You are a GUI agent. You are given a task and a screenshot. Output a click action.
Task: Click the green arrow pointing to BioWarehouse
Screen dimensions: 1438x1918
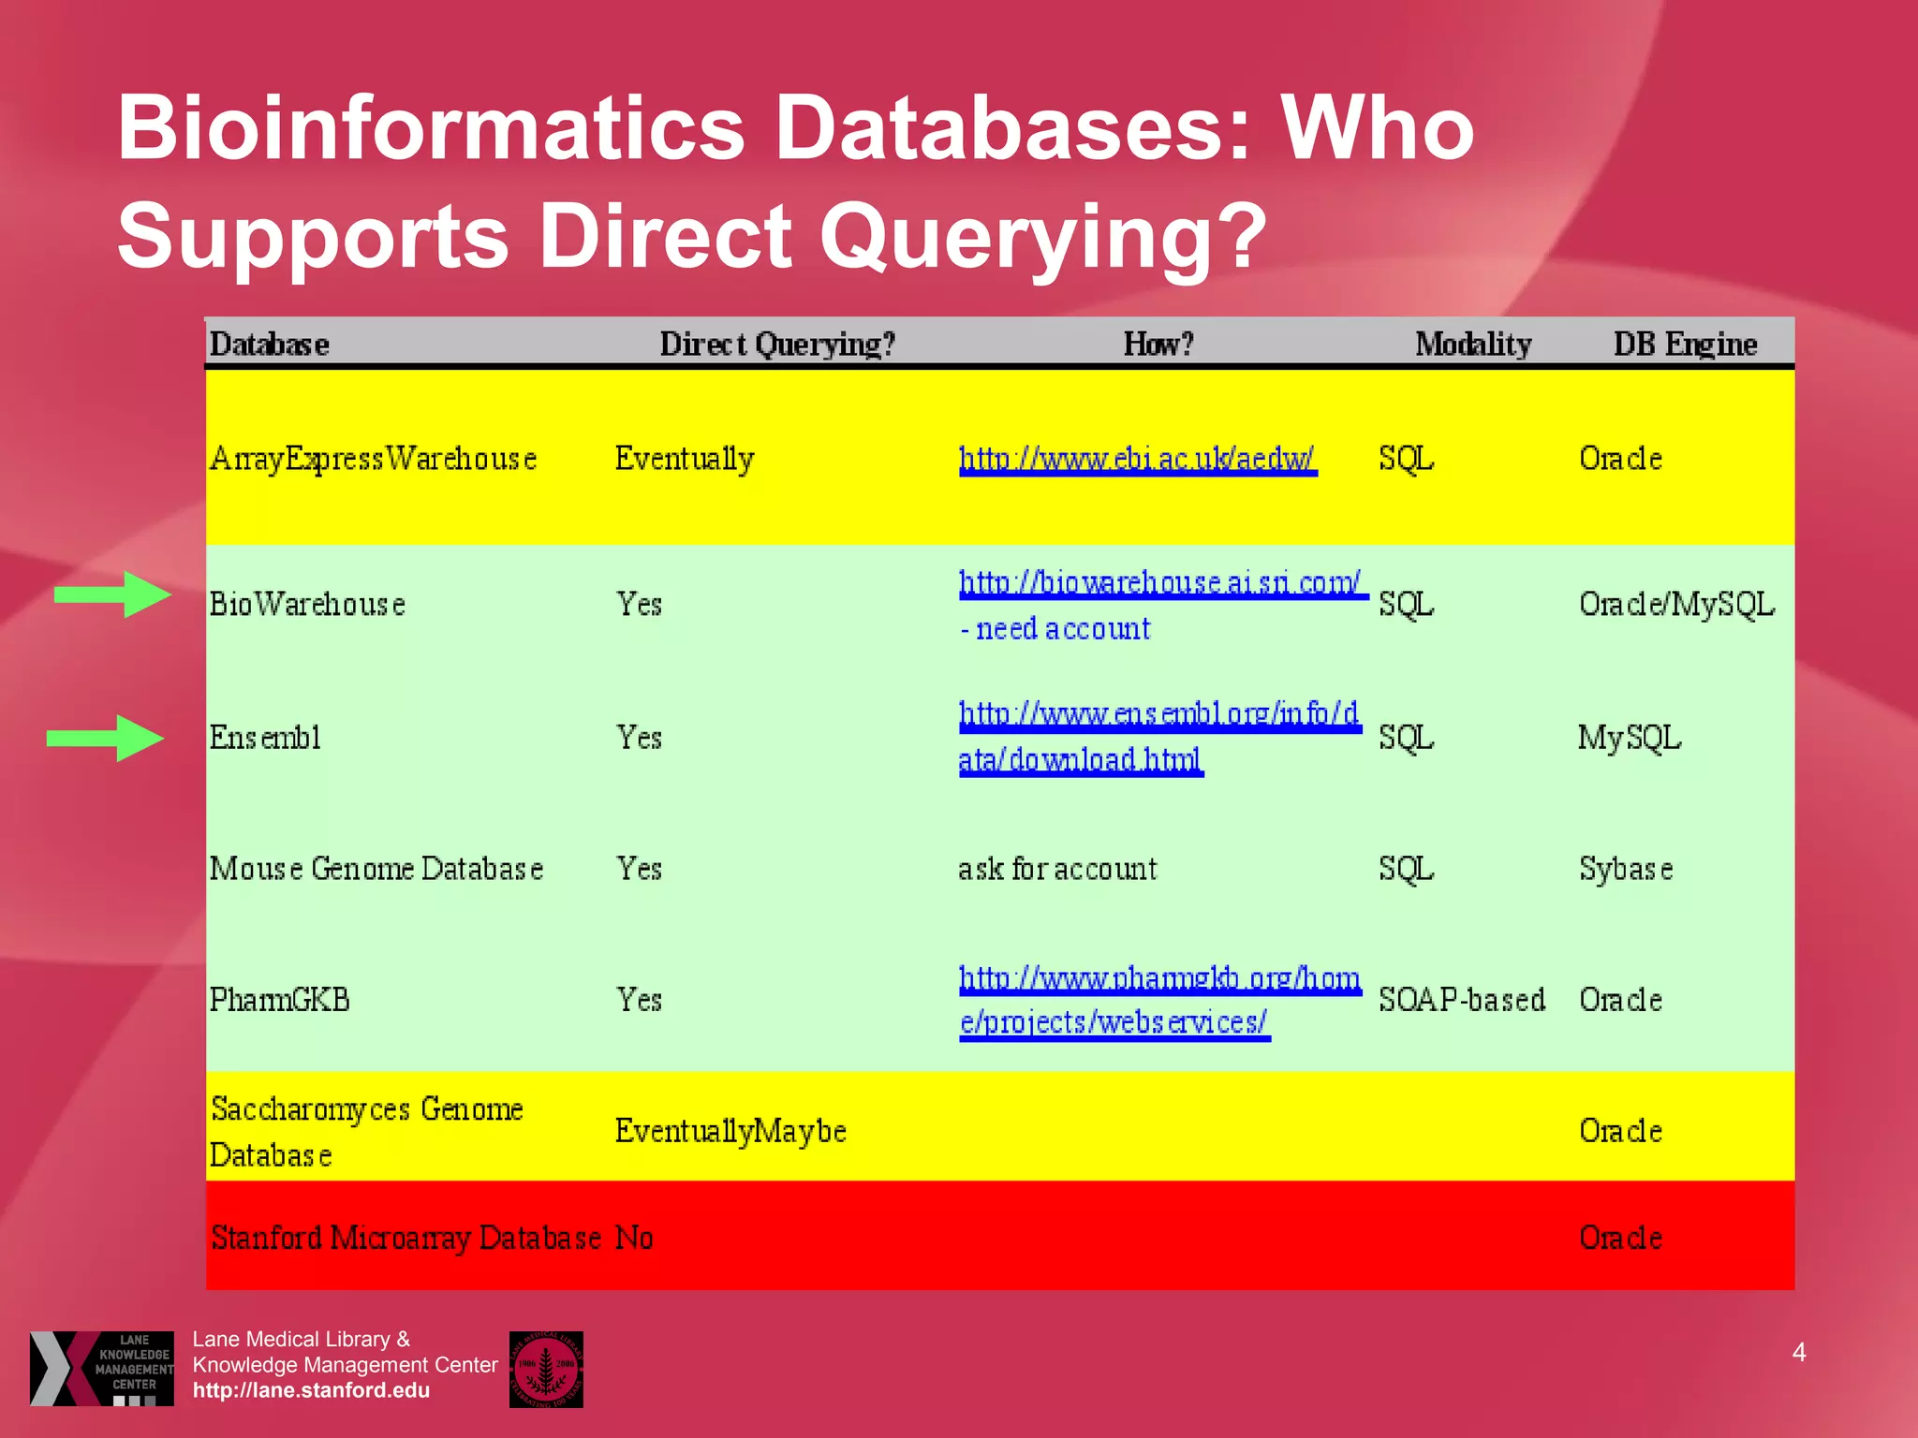pos(113,594)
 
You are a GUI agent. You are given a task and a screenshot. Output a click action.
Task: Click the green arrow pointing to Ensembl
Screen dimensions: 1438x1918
pos(106,738)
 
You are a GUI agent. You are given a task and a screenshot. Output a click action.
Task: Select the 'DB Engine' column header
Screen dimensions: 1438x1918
pos(1685,345)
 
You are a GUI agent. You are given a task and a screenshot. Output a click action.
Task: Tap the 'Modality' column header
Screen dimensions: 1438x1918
pos(1473,345)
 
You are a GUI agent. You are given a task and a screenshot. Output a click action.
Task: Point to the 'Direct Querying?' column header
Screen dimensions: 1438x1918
pos(777,345)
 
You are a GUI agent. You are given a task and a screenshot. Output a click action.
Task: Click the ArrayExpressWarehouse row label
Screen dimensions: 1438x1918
pos(373,459)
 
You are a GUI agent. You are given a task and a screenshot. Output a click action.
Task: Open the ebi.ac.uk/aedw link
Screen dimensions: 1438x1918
pos(1137,459)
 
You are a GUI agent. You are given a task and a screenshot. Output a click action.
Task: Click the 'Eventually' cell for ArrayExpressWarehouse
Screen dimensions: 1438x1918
pos(685,459)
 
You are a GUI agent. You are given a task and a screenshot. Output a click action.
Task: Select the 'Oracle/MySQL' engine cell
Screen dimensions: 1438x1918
pos(1676,604)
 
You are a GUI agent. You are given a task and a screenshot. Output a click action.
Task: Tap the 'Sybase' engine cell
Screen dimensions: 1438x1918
pos(1626,869)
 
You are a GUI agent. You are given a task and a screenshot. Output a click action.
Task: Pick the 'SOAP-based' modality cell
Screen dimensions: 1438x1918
pos(1462,1000)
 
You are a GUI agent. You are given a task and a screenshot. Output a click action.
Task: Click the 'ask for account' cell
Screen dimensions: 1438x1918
pos(1057,869)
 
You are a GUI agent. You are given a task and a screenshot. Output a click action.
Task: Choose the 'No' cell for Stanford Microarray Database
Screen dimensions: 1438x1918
pos(634,1238)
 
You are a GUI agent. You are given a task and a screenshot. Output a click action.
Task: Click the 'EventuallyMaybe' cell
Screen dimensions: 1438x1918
pos(730,1131)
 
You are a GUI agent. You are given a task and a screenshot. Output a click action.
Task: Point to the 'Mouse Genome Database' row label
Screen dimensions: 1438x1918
pos(376,869)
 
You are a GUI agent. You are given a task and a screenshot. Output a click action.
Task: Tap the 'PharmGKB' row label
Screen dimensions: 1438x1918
pos(280,1000)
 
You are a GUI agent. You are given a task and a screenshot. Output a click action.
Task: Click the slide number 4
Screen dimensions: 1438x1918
pos(1799,1352)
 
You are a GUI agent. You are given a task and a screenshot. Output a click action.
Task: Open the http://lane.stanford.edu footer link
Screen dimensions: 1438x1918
pos(311,1390)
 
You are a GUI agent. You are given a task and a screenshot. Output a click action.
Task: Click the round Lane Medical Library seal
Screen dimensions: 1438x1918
pos(546,1369)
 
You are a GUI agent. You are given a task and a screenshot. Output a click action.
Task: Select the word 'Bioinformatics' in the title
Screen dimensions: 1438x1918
pos(431,127)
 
